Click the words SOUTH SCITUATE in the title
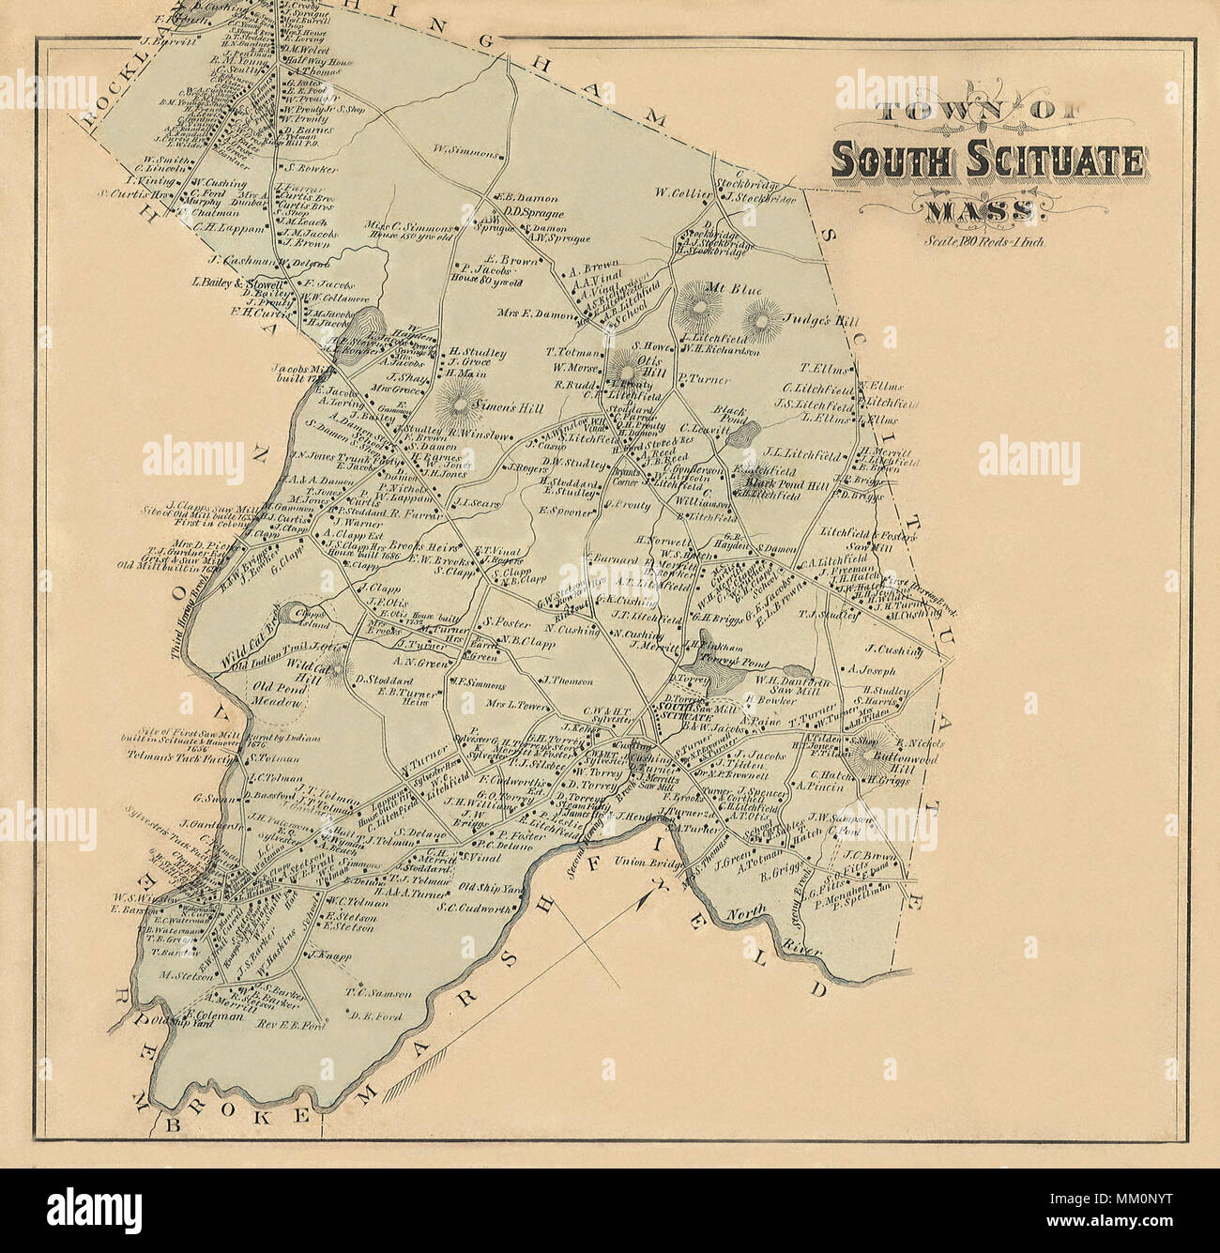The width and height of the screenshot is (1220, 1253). point(988,161)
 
